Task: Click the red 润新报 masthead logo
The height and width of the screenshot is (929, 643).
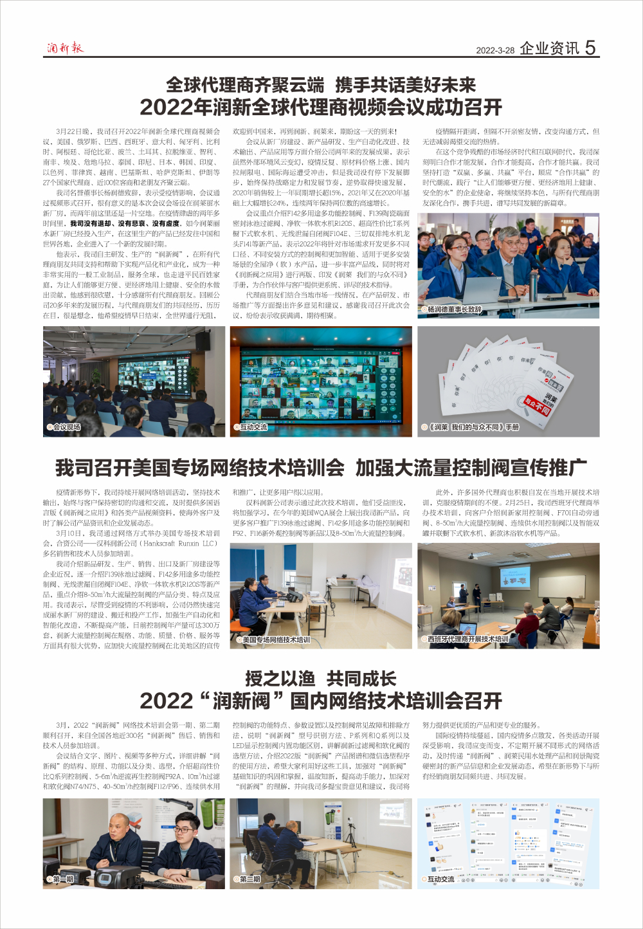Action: coord(65,48)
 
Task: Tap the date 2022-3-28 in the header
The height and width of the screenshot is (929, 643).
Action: coord(495,50)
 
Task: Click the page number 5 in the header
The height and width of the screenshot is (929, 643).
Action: coord(590,48)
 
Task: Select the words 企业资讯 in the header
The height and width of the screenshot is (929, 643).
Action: coord(549,48)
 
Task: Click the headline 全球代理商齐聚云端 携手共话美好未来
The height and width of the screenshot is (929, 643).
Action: coord(321,85)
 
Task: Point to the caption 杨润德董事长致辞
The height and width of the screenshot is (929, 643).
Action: coord(455,309)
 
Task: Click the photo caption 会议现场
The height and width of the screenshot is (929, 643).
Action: coord(66,427)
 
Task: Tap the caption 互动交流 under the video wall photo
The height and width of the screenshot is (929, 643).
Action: coord(253,427)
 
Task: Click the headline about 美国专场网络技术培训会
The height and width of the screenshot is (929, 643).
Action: coord(321,468)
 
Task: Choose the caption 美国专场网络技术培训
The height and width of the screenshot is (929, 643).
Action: coord(276,639)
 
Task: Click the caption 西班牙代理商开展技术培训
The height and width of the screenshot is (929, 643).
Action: coord(467,639)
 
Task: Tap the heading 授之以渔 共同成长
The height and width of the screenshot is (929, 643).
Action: coord(321,679)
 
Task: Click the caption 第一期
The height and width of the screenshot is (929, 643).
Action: coord(63,879)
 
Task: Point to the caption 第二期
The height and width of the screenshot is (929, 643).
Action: coord(249,879)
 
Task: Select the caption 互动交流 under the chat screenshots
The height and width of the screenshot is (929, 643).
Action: coord(441,879)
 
